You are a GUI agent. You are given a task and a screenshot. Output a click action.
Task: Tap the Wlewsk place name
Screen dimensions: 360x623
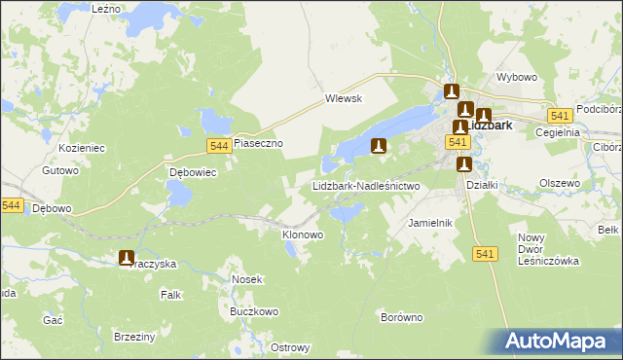point(344,98)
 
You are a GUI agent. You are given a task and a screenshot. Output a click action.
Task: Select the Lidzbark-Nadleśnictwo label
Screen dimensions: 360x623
point(365,185)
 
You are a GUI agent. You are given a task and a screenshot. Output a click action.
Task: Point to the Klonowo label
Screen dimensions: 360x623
point(302,234)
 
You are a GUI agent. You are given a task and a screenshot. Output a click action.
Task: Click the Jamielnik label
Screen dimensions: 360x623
point(431,223)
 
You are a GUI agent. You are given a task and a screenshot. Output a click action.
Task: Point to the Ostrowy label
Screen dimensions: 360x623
point(290,348)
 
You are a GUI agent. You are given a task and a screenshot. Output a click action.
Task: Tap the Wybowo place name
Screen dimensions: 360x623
point(517,77)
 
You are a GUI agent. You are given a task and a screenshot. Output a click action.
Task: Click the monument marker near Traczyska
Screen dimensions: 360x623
point(127,258)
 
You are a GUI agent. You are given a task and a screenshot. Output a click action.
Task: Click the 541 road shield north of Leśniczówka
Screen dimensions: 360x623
point(487,253)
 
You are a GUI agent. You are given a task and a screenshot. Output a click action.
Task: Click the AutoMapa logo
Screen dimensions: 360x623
point(556,341)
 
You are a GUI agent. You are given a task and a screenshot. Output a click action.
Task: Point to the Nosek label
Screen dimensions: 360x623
point(247,279)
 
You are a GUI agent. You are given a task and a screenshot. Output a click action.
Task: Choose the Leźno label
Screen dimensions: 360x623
point(105,8)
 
